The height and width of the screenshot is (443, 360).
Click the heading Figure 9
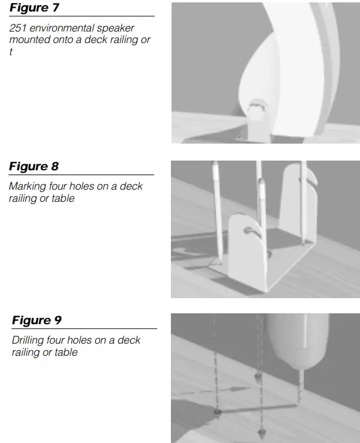point(37,320)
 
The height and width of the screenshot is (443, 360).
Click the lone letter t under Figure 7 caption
point(11,52)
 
